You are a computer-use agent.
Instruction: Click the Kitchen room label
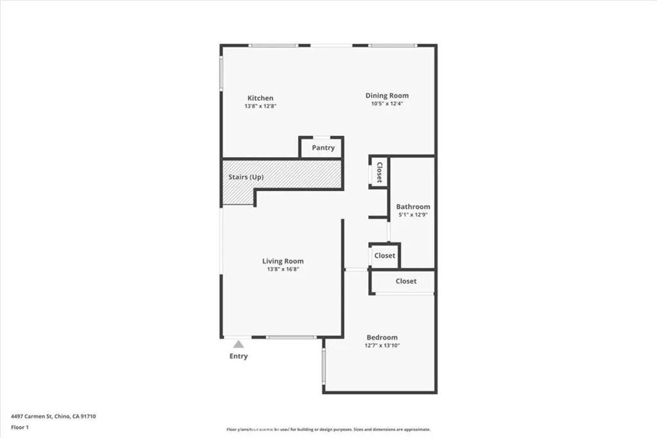pyautogui.click(x=260, y=98)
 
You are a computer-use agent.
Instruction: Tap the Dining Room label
pyautogui.click(x=387, y=96)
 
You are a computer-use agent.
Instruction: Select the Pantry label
pyautogui.click(x=323, y=147)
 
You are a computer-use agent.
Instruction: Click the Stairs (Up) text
pyautogui.click(x=246, y=177)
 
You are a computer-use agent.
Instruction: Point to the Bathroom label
pyautogui.click(x=413, y=206)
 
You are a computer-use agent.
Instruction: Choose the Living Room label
pyautogui.click(x=283, y=261)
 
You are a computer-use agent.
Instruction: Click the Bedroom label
pyautogui.click(x=382, y=337)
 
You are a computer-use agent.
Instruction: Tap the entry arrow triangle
pyautogui.click(x=239, y=344)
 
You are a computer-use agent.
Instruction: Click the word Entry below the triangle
pyautogui.click(x=239, y=357)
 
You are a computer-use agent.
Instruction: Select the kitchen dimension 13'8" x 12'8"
pyautogui.click(x=260, y=106)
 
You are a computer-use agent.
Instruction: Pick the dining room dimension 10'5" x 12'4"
pyautogui.click(x=387, y=103)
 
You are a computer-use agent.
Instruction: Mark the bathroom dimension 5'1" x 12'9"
pyautogui.click(x=413, y=215)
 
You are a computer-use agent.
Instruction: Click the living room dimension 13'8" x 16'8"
pyautogui.click(x=283, y=269)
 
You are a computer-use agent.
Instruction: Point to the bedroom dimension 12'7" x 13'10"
pyautogui.click(x=382, y=346)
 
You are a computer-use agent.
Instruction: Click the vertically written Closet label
pyautogui.click(x=379, y=172)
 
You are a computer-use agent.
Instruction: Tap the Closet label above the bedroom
pyautogui.click(x=406, y=281)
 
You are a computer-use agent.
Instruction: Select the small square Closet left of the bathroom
pyautogui.click(x=385, y=255)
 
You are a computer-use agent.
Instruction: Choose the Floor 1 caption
pyautogui.click(x=21, y=427)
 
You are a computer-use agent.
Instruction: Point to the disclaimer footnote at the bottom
pyautogui.click(x=328, y=430)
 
